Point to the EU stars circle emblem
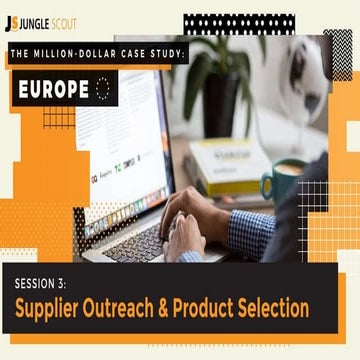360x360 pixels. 101,88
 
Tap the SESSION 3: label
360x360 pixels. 45,281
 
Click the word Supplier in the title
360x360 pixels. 49,308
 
